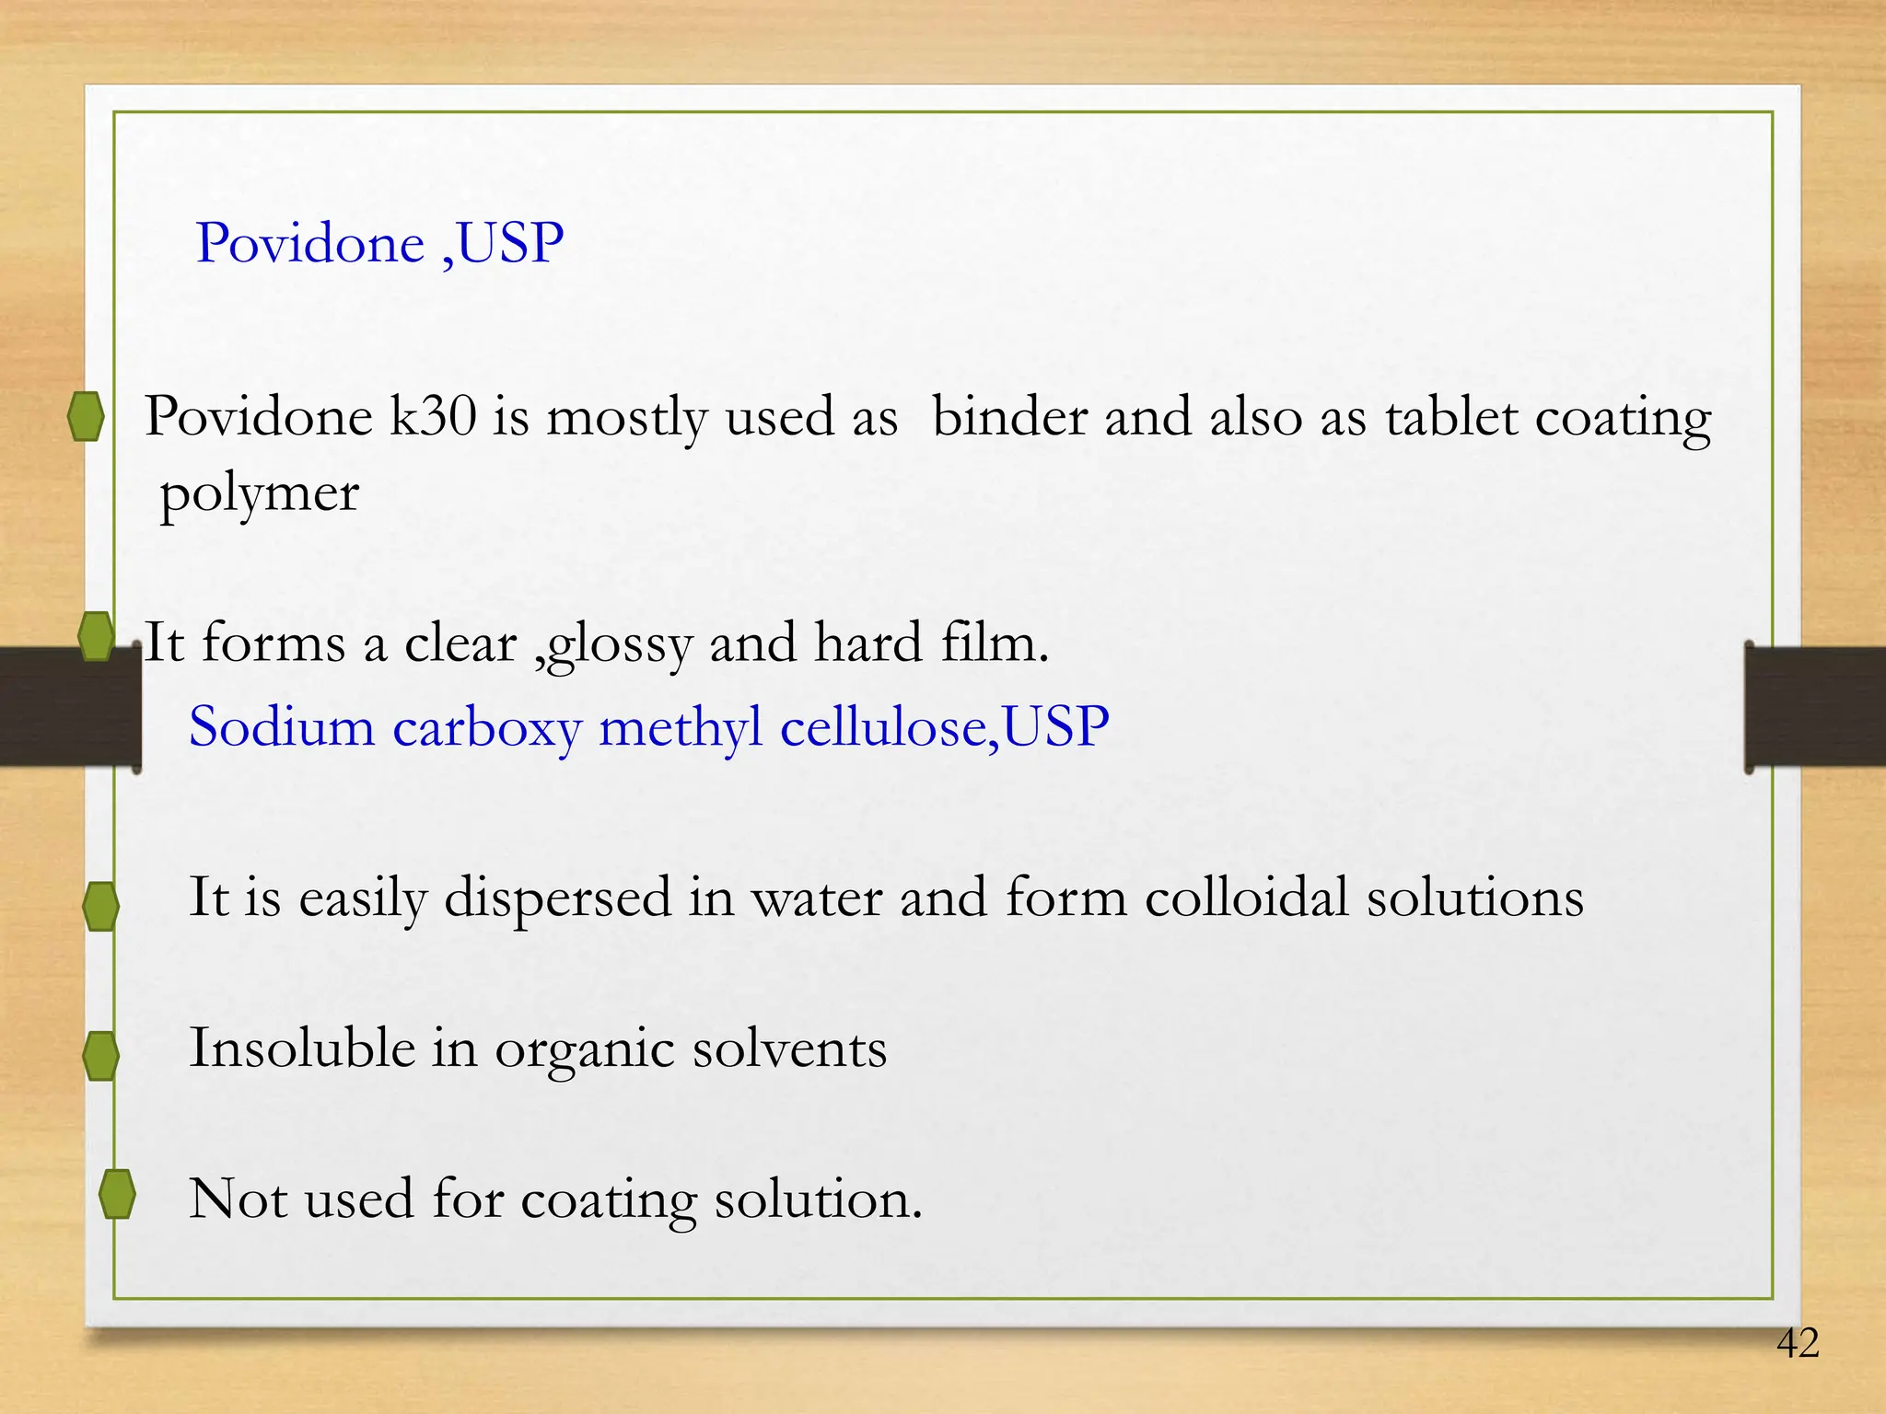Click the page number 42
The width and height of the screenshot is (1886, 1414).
[x=1798, y=1343]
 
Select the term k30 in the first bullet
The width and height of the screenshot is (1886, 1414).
[x=433, y=416]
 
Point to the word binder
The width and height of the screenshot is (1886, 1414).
[x=1009, y=416]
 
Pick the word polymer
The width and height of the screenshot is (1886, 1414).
[x=260, y=495]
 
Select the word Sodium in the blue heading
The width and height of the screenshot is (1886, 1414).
[x=282, y=726]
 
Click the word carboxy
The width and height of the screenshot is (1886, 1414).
[x=487, y=728]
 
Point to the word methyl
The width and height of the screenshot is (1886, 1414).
[x=681, y=728]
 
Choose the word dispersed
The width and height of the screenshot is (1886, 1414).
[x=558, y=898]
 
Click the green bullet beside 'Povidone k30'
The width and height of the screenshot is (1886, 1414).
[x=86, y=416]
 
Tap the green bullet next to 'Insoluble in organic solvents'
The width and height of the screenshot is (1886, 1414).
[x=100, y=1055]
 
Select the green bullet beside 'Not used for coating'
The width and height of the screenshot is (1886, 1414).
[x=117, y=1194]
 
